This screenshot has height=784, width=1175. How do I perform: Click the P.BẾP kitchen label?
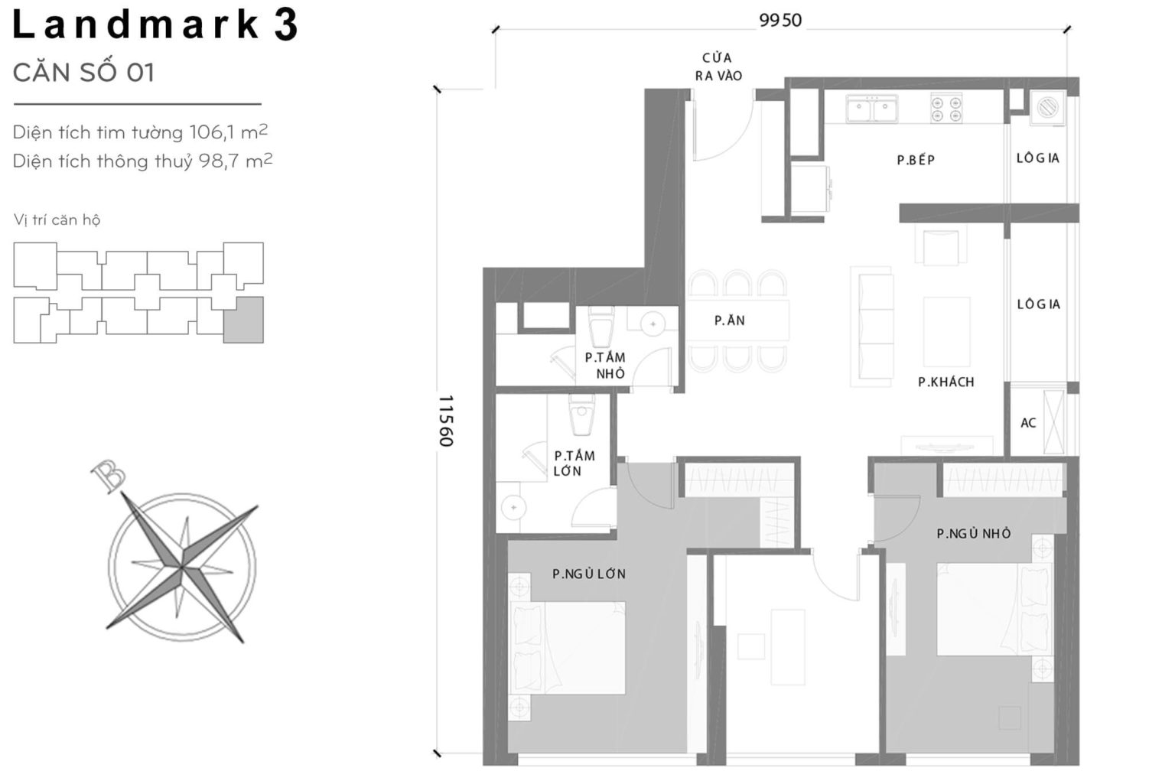[916, 160]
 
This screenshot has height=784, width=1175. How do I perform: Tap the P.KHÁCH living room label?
[946, 382]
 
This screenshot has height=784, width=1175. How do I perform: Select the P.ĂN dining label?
[729, 320]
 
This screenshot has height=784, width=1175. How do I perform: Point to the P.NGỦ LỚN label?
[589, 574]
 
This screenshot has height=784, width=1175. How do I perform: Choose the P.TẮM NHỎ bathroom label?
[605, 366]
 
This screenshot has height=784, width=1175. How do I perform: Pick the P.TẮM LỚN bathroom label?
[574, 464]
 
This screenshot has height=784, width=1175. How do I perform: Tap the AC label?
[1028, 423]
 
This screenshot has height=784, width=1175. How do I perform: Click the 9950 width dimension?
[780, 21]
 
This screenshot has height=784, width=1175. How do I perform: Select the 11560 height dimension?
[447, 421]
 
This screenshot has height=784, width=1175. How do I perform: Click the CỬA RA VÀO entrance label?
[718, 67]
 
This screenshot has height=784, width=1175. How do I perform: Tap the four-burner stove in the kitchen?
[946, 109]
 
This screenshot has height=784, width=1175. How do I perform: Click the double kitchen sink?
[872, 109]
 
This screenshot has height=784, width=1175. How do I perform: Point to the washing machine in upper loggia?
[1047, 108]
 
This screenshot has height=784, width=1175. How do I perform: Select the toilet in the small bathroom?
[601, 327]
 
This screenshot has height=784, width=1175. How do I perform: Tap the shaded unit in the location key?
[243, 320]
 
